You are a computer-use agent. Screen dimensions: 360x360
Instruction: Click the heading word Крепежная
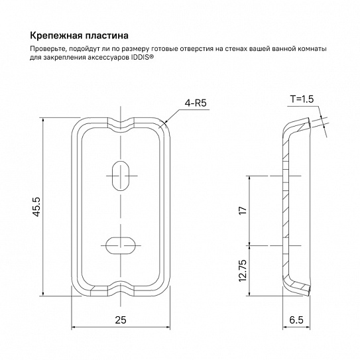(56, 36)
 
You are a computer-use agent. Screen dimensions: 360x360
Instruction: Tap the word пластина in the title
(107, 36)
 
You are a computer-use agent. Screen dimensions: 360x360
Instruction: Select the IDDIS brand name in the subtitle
(140, 57)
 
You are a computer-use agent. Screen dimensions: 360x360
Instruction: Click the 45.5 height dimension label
(36, 207)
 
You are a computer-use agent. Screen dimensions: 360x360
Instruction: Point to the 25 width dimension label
(121, 320)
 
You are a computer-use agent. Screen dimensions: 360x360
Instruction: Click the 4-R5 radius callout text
(196, 103)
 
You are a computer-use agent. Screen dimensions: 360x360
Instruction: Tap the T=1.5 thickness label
(302, 99)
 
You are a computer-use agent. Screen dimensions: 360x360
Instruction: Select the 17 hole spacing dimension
(243, 211)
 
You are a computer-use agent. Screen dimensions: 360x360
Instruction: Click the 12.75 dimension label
(243, 271)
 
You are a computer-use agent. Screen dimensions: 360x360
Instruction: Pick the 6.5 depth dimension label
(296, 320)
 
